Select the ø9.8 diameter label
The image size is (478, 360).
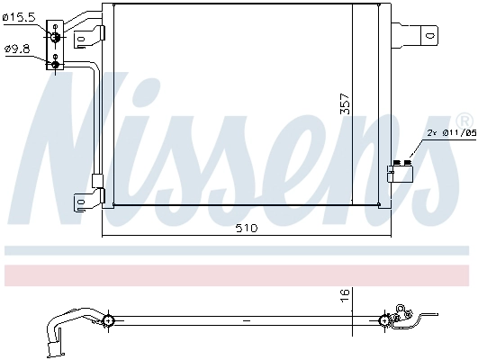pos(17,49)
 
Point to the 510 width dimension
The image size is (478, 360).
pos(246,229)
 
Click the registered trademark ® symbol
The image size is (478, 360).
pos(463,120)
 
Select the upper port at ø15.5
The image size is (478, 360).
pos(56,35)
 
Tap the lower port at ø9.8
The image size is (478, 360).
pos(56,63)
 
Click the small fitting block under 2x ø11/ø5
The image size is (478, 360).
pos(399,171)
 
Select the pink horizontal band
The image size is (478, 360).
pos(239,274)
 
